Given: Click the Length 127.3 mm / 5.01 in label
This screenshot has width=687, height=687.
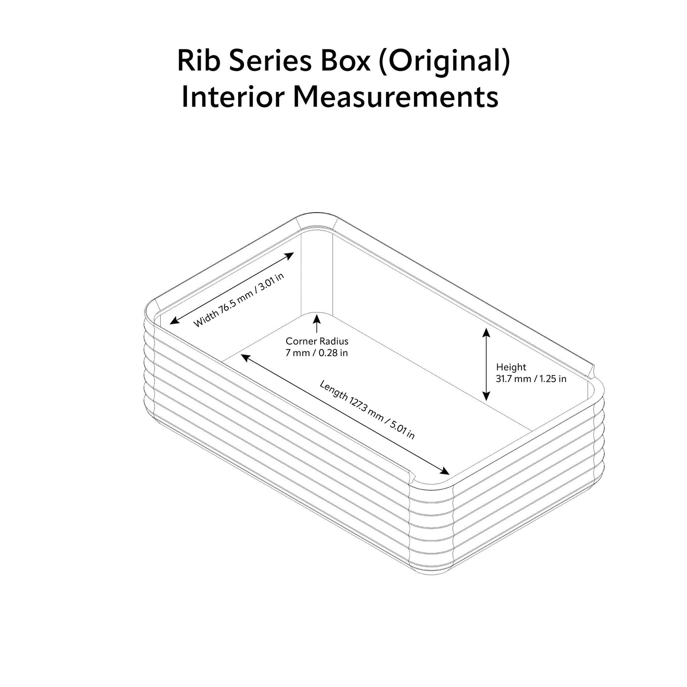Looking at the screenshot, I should [x=367, y=409].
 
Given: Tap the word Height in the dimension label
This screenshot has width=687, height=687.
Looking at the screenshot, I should [x=511, y=367].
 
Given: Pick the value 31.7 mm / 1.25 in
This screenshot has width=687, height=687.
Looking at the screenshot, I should [x=531, y=379].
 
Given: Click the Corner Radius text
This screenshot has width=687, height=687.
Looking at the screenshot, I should [x=317, y=341].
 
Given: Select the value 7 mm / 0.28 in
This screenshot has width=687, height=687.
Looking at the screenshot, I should [x=317, y=353].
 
